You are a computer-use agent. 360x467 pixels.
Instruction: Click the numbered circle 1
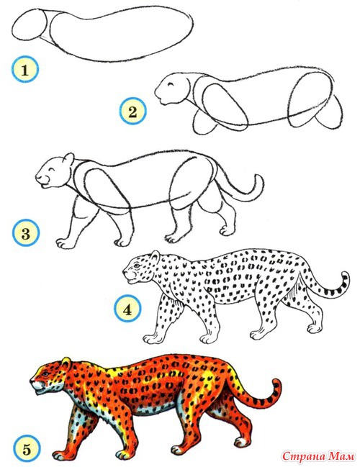click(25, 69)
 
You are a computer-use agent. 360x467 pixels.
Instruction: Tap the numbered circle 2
click(133, 111)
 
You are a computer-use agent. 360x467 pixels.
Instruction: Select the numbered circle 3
click(26, 232)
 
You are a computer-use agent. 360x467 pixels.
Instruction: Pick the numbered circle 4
click(127, 309)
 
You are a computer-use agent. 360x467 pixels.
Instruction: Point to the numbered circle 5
click(27, 448)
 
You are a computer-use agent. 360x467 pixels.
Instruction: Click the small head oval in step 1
click(30, 24)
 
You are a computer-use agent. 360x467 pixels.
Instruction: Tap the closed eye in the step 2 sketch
click(171, 85)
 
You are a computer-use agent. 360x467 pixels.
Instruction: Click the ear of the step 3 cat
click(69, 158)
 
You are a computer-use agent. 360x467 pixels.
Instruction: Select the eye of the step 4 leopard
click(137, 265)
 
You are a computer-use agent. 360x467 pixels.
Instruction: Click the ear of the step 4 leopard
click(155, 256)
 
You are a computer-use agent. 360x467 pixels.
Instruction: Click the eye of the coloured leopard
click(45, 373)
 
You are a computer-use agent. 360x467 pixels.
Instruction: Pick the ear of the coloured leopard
click(66, 363)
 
